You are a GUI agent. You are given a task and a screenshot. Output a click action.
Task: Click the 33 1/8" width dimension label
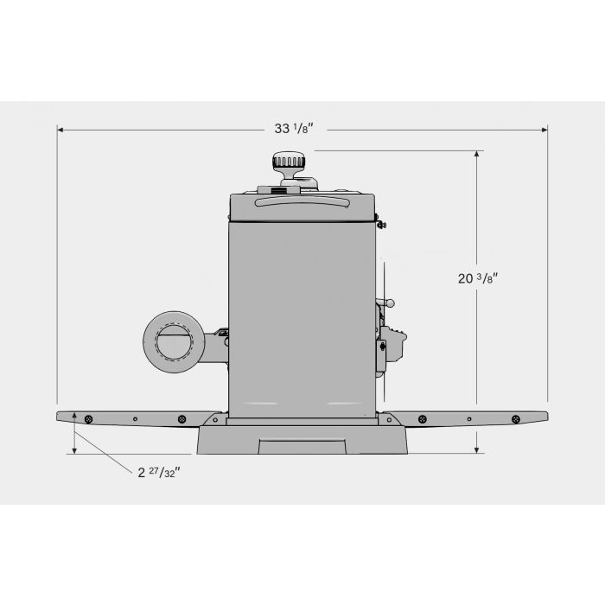[x=294, y=129]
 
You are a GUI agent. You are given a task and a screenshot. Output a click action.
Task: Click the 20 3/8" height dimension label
[x=478, y=278]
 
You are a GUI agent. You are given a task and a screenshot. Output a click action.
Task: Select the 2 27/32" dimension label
[x=159, y=472]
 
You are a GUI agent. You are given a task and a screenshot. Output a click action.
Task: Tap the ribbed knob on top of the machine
[x=289, y=161]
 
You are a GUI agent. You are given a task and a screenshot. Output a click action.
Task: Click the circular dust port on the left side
[x=174, y=342]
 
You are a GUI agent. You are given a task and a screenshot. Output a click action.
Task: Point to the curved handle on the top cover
[x=302, y=201]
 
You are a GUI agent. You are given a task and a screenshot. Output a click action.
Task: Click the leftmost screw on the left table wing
[x=88, y=419]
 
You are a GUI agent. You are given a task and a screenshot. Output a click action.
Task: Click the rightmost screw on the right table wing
[x=515, y=419]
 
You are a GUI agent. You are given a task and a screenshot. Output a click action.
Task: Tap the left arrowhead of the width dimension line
[x=60, y=130]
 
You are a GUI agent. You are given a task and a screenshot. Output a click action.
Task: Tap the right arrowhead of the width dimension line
[x=544, y=130]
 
